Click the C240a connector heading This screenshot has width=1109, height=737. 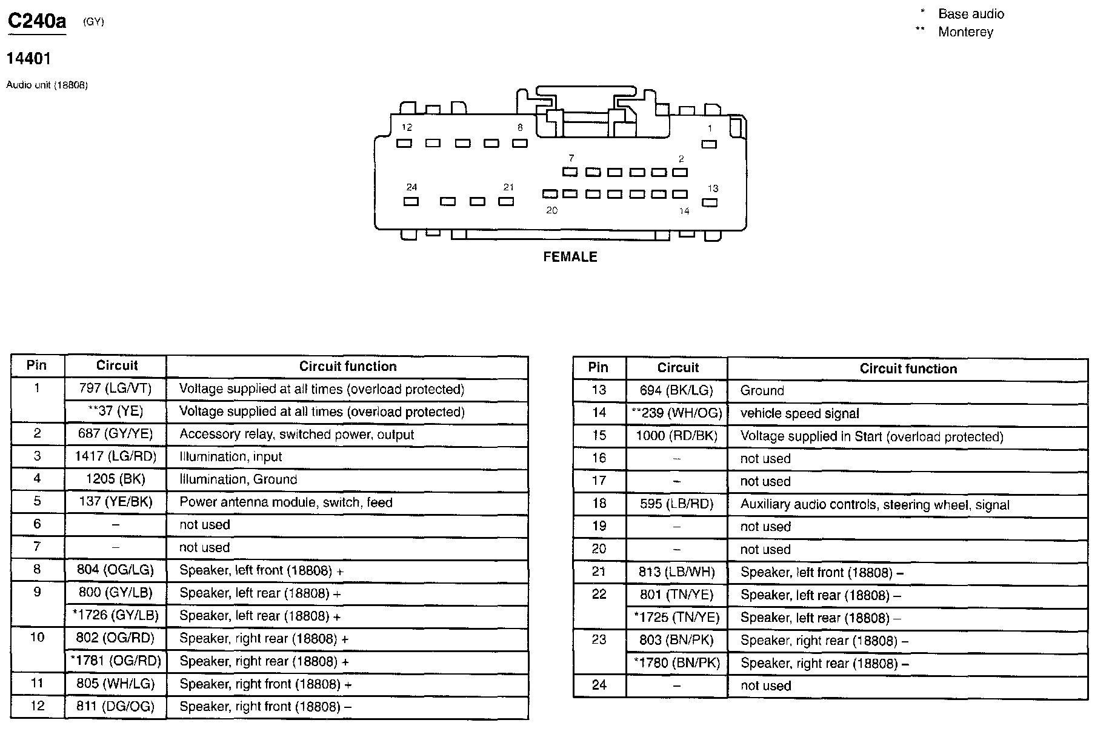(36, 22)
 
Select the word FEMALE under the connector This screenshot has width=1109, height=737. (570, 257)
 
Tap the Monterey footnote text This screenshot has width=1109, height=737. (965, 32)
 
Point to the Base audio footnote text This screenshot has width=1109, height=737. (971, 14)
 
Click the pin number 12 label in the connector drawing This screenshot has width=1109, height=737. (407, 127)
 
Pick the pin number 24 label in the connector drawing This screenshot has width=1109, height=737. (411, 187)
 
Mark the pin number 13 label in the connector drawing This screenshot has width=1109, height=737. (713, 188)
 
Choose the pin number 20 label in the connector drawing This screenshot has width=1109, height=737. (551, 210)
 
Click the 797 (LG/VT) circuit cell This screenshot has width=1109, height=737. (115, 389)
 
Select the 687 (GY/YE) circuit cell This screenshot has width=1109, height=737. (115, 434)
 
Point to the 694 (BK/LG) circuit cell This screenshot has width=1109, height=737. (676, 391)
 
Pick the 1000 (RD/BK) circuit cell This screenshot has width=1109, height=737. (676, 436)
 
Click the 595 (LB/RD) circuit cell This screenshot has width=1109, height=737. (676, 504)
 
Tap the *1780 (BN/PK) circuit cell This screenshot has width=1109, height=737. (676, 663)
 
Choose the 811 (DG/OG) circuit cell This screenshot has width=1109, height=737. (115, 707)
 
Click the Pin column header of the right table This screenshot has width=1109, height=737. (598, 367)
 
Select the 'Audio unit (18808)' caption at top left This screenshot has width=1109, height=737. (47, 85)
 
